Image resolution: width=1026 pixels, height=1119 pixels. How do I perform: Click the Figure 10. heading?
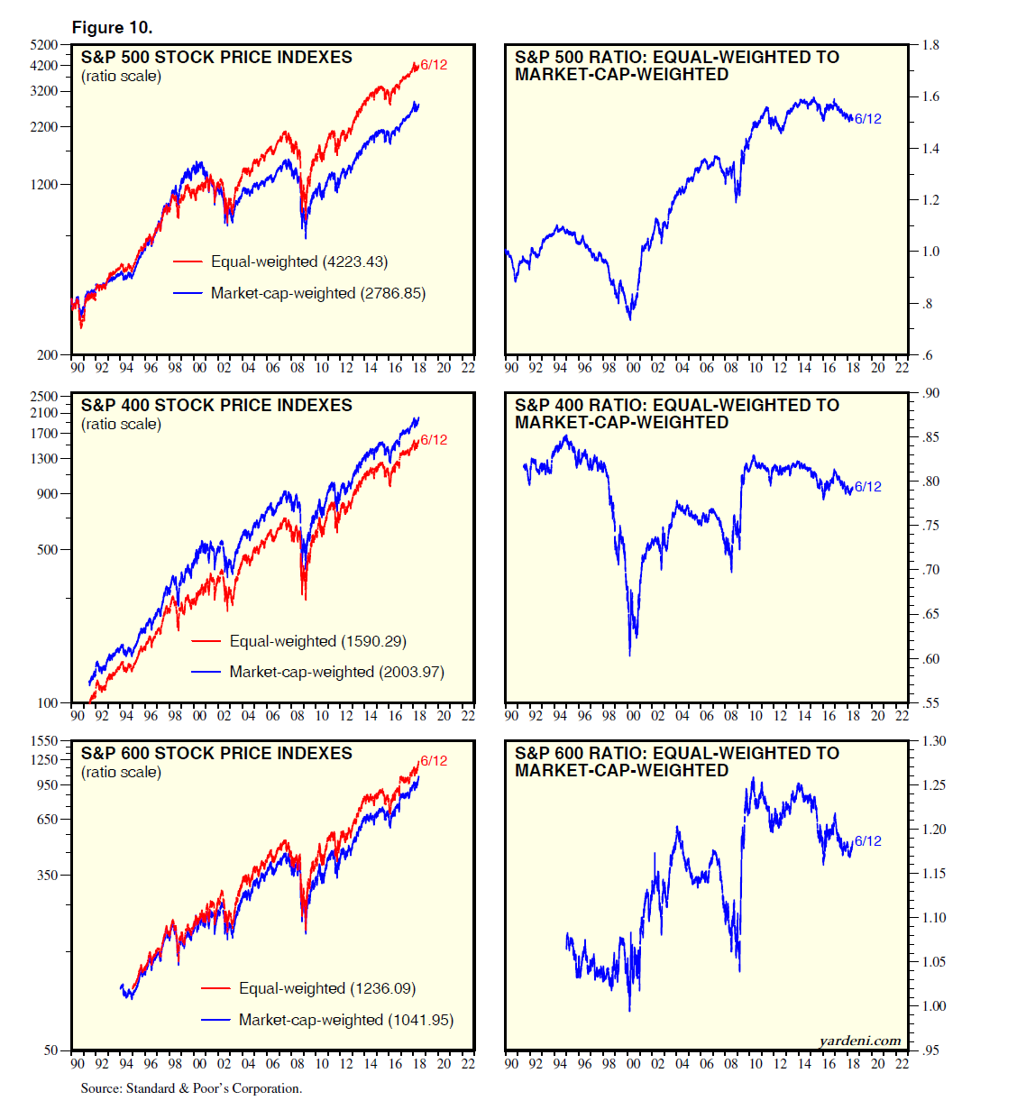112,28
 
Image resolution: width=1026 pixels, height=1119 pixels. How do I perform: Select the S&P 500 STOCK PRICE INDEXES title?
216,58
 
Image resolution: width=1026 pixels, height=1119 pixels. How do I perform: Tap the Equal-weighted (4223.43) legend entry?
298,261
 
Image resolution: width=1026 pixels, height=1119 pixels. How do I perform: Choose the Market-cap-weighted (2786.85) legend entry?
317,293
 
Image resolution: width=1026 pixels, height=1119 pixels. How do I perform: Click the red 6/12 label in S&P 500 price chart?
434,65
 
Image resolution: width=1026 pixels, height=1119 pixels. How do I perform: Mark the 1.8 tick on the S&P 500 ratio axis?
930,45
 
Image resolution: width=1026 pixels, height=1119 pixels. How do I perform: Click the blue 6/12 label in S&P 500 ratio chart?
868,119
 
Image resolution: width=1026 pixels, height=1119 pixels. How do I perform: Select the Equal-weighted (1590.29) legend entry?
317,641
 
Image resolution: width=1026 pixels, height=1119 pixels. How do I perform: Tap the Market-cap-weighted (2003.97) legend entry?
336,672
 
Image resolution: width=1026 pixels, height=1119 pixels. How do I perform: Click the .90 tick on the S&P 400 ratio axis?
930,393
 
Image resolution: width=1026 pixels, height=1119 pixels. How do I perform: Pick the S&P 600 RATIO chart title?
676,762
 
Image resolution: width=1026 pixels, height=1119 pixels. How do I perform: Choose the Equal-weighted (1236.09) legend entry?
326,988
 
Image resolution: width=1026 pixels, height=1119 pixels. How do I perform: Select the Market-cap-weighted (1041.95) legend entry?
345,1020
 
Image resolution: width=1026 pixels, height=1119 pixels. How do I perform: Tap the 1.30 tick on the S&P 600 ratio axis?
933,741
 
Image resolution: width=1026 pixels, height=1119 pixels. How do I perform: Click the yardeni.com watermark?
860,1041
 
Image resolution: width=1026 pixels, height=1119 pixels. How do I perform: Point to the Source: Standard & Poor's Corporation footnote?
191,1088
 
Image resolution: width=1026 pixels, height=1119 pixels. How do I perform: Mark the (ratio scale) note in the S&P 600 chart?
121,773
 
